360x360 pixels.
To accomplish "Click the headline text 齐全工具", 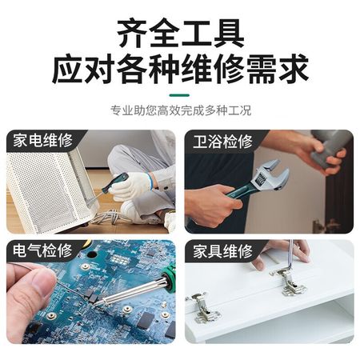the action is click(181, 33).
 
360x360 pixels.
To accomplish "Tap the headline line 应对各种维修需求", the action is click(180, 69).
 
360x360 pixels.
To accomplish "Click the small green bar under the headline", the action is click(179, 95).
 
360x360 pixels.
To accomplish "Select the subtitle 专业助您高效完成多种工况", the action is click(181, 110).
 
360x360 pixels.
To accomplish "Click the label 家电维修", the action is click(42, 140).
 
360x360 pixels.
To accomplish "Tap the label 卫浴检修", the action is click(222, 142).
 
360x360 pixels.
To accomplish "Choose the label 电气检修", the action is click(42, 250).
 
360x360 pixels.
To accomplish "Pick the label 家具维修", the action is click(222, 251).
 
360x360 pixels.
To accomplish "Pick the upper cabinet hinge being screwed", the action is click(289, 282).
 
